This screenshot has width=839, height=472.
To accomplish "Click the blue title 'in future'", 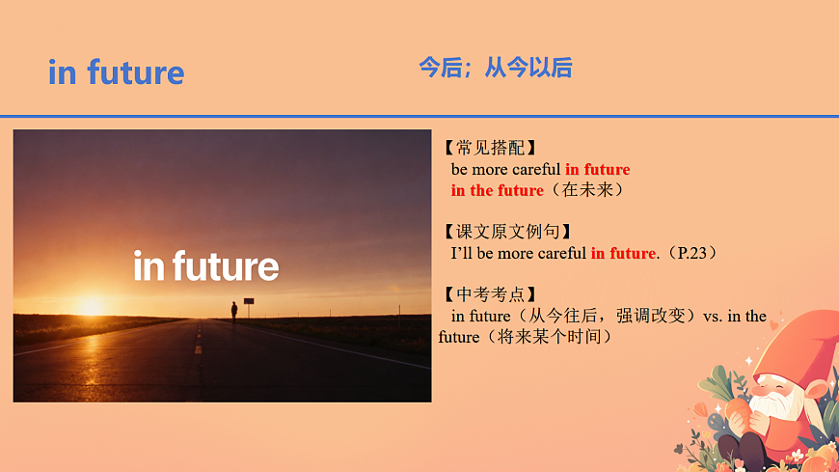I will click(116, 72).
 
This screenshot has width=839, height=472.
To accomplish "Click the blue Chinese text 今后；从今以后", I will click(495, 68).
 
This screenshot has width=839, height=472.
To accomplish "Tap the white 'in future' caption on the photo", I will click(206, 266).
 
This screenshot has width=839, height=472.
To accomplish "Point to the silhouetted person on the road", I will click(233, 310).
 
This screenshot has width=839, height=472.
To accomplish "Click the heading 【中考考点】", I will click(488, 294).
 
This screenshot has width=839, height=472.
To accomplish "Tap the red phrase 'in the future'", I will click(497, 190).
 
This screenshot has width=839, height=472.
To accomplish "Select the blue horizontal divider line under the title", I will click(419, 116).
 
